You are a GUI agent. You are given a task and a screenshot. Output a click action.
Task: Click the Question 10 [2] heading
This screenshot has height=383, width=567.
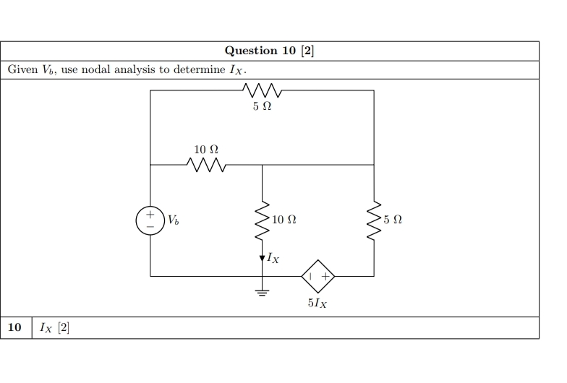pos(269,51)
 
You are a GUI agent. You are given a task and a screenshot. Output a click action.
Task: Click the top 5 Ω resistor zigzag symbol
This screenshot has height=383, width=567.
pos(262,91)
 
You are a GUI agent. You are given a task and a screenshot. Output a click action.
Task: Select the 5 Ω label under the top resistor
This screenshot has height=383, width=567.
pos(262,107)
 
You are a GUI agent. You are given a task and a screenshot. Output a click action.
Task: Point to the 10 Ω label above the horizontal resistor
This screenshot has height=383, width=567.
pos(206,150)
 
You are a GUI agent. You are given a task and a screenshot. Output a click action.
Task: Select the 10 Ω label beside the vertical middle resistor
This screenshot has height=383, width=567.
pos(284,219)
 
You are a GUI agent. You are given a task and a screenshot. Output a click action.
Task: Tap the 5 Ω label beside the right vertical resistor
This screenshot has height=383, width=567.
pos(393,219)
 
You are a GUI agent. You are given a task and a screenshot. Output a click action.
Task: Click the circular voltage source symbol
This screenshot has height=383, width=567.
pos(150,220)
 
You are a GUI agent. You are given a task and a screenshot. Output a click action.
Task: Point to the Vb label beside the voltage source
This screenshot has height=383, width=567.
pos(173,219)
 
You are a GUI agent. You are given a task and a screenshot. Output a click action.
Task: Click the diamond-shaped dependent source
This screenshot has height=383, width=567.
pos(318,276)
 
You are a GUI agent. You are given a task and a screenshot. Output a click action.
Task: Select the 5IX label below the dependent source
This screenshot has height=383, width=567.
pos(317,304)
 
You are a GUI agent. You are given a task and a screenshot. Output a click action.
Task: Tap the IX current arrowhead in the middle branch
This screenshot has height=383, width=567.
pos(262,257)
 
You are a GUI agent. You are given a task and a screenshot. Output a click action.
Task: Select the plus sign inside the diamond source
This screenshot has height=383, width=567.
pos(325,276)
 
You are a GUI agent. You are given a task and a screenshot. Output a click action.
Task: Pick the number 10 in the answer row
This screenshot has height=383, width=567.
pos(14,328)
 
